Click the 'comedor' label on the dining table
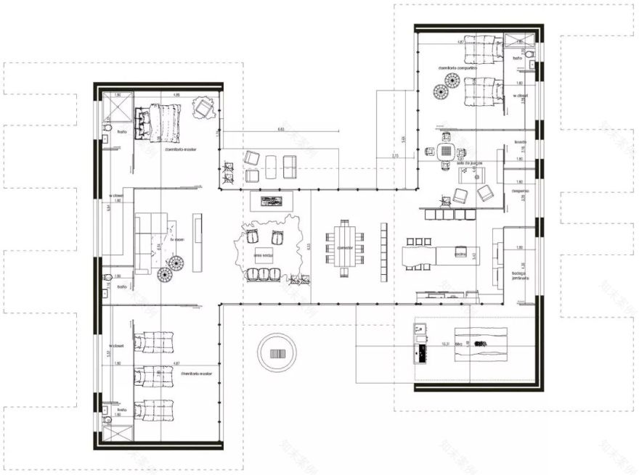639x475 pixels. [344, 248]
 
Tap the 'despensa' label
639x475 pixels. [518, 191]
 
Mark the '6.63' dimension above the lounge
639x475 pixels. [281, 129]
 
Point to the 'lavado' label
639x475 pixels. [518, 141]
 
